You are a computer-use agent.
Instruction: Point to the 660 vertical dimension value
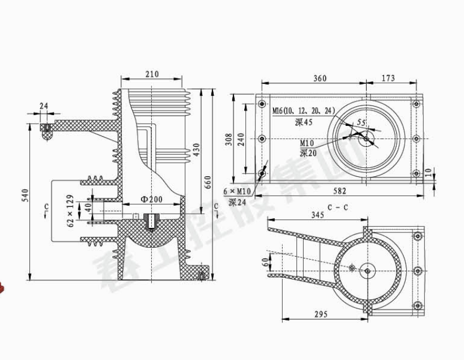[208, 181]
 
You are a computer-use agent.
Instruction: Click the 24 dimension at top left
[44, 105]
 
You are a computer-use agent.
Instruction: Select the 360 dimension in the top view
[320, 78]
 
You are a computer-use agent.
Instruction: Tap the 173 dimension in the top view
[388, 78]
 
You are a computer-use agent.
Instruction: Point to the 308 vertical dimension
[228, 139]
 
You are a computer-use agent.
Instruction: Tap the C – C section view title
[338, 207]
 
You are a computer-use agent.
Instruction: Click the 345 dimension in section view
[318, 215]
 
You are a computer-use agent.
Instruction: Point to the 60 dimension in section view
[265, 262]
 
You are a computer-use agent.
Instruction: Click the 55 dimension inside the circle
[361, 122]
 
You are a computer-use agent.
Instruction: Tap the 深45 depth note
[304, 122]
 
